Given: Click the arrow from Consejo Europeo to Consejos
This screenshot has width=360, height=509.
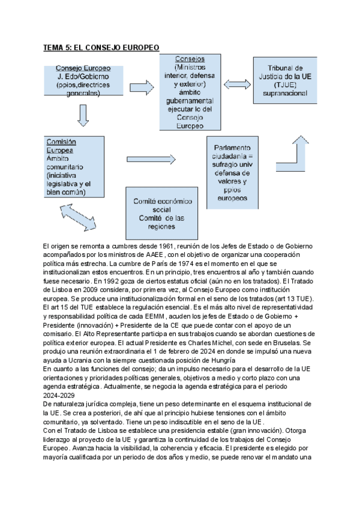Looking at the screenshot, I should click(x=142, y=88).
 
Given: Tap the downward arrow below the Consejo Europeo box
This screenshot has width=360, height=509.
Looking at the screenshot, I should click(x=83, y=115).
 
